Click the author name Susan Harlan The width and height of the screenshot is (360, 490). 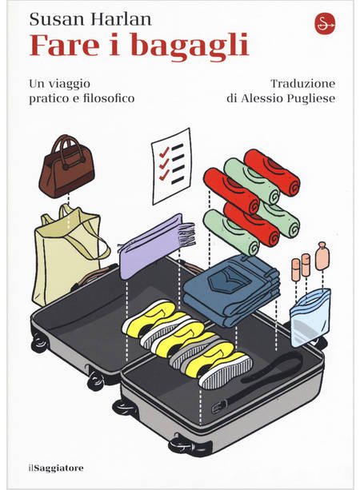tap(90, 18)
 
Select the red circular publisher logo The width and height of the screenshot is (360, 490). tap(325, 24)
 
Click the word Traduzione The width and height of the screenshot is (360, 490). tap(302, 83)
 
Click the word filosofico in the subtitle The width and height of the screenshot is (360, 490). tap(109, 98)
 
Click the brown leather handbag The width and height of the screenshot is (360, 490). tap(66, 169)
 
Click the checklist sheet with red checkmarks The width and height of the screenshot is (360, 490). tap(171, 166)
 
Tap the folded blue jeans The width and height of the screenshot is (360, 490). tap(231, 290)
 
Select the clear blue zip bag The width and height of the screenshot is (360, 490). tap(310, 317)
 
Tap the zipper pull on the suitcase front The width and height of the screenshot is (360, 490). tap(219, 406)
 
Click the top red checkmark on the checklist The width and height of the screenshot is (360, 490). tap(164, 152)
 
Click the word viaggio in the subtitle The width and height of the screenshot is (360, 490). tap(69, 84)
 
